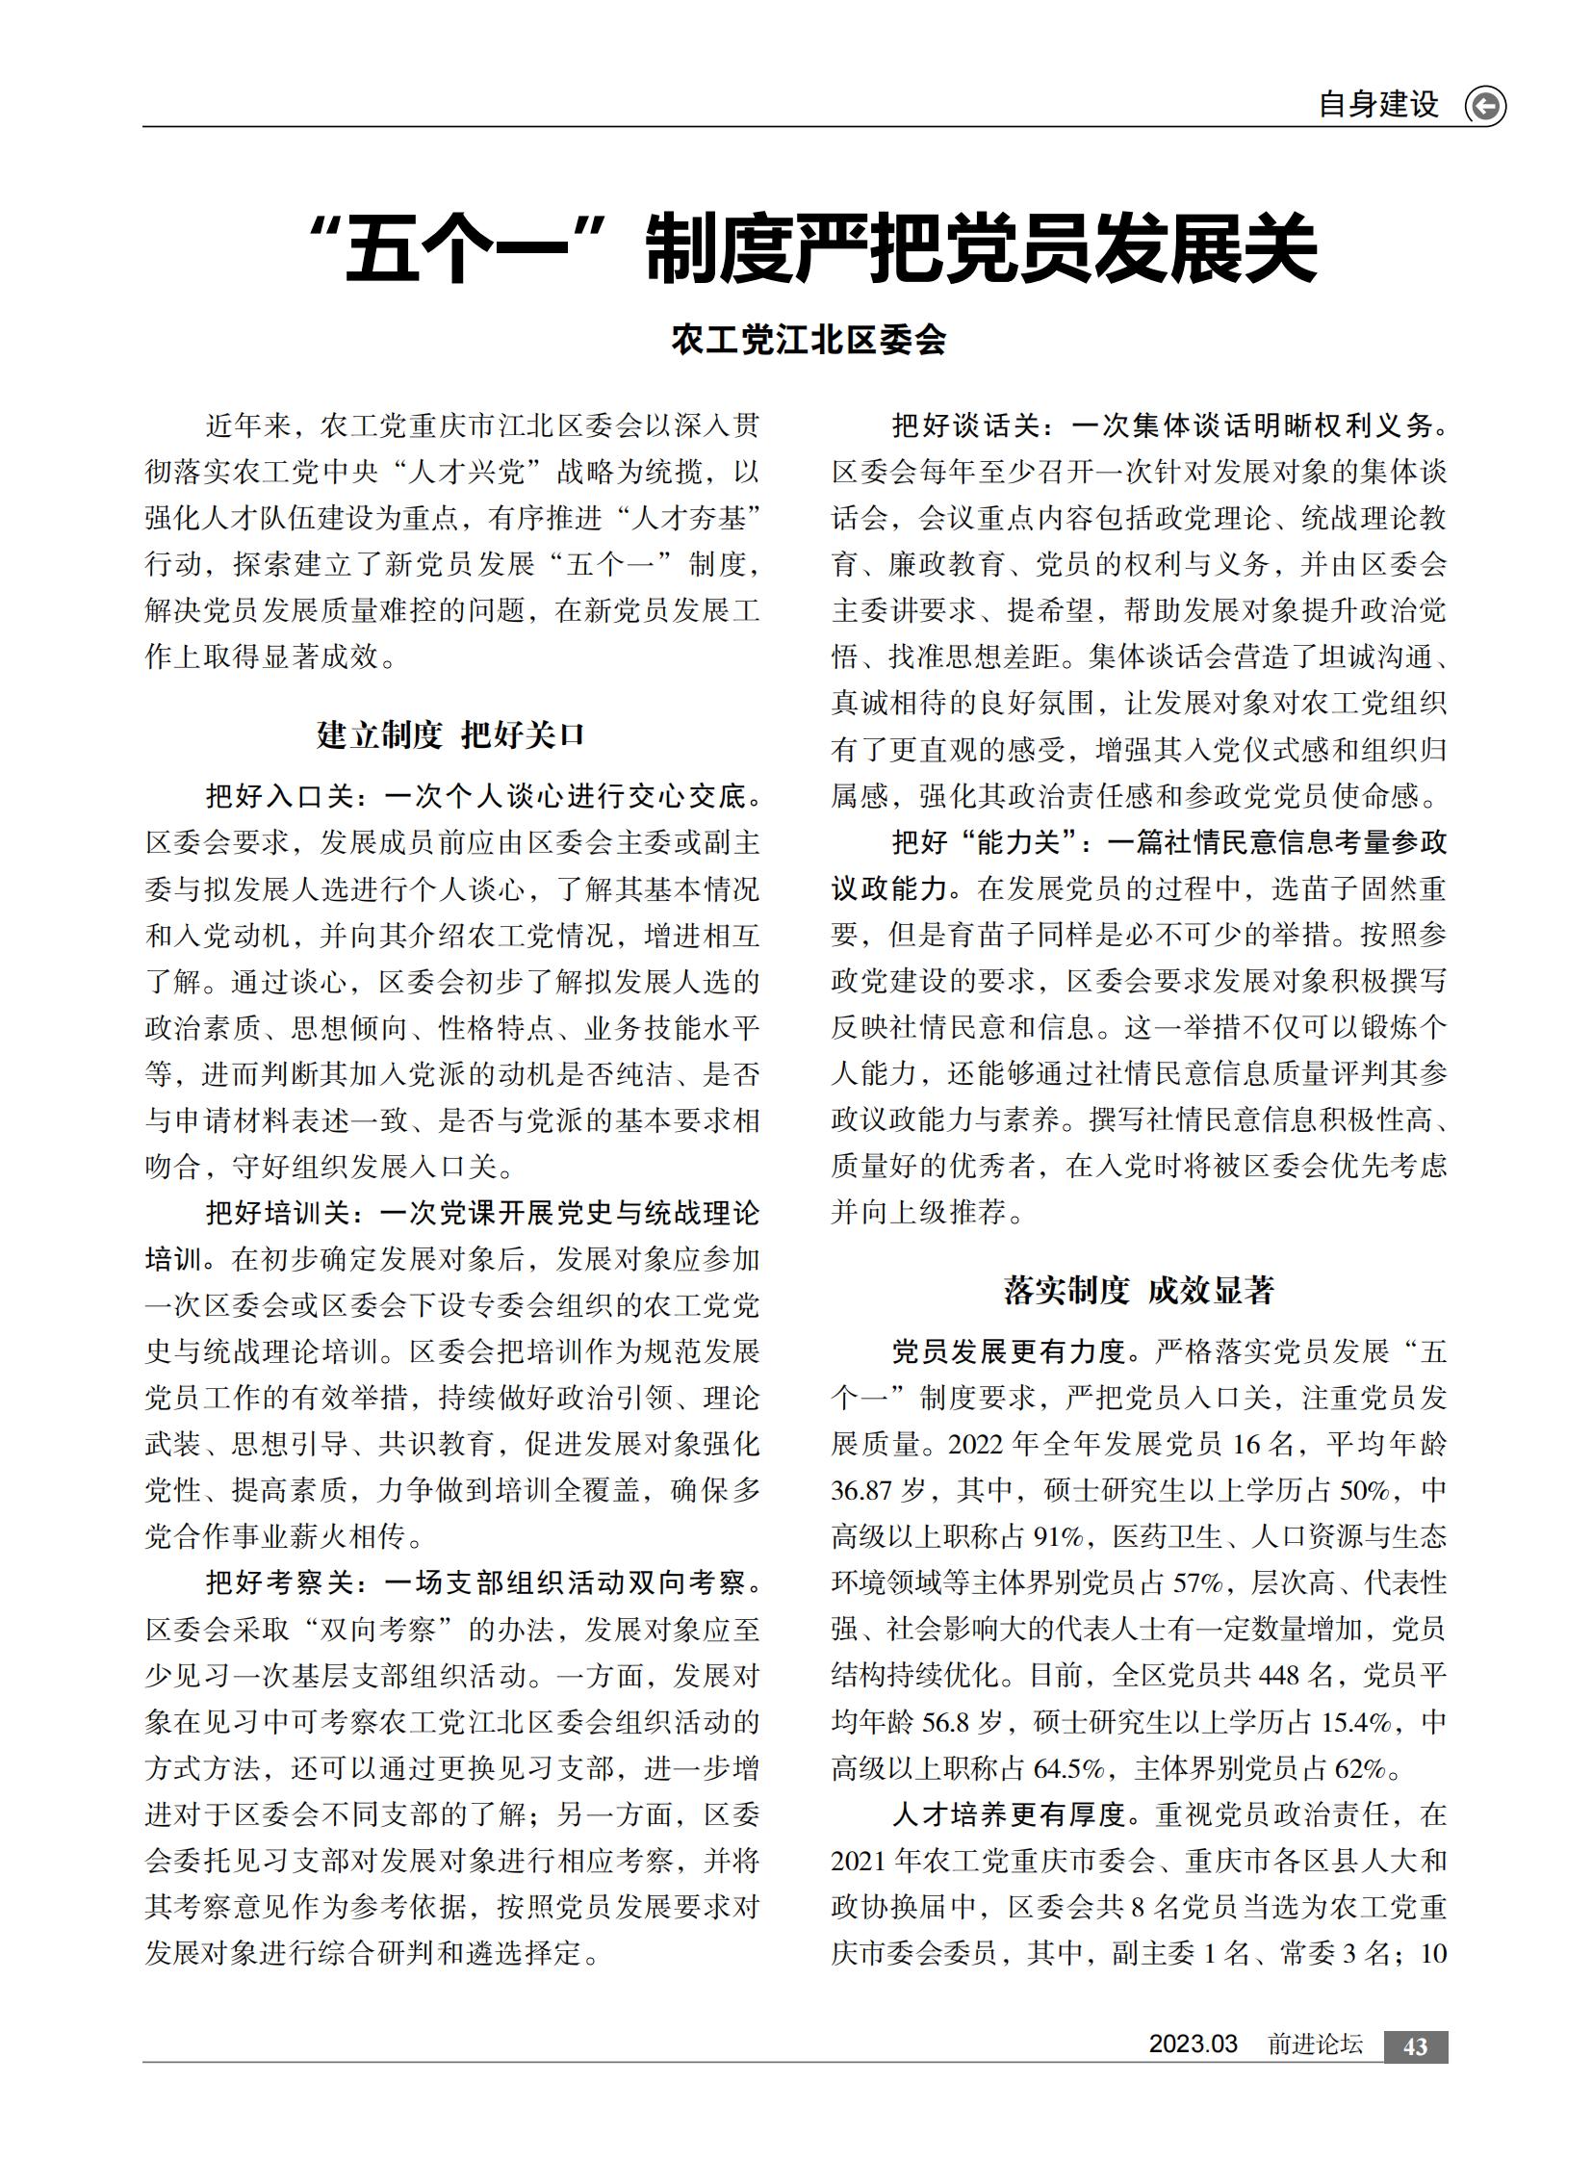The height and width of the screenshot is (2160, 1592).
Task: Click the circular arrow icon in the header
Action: coord(1484,106)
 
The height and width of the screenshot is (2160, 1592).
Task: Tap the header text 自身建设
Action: coord(1378,104)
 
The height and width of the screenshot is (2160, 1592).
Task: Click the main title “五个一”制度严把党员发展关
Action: coord(811,248)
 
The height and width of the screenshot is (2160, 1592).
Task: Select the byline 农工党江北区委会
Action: coord(809,339)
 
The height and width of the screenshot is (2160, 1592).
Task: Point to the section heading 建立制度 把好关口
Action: coord(451,734)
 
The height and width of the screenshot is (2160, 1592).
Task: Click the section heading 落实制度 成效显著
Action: coord(1139,1290)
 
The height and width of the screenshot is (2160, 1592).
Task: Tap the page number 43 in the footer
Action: coord(1415,2047)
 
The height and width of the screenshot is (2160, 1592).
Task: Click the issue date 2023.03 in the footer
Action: coord(1192,2044)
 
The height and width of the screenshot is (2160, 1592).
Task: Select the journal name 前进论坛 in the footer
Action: coord(1315,2044)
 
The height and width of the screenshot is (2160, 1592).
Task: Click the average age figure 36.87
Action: coord(861,1491)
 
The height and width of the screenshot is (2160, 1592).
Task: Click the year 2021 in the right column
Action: coord(860,1862)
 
